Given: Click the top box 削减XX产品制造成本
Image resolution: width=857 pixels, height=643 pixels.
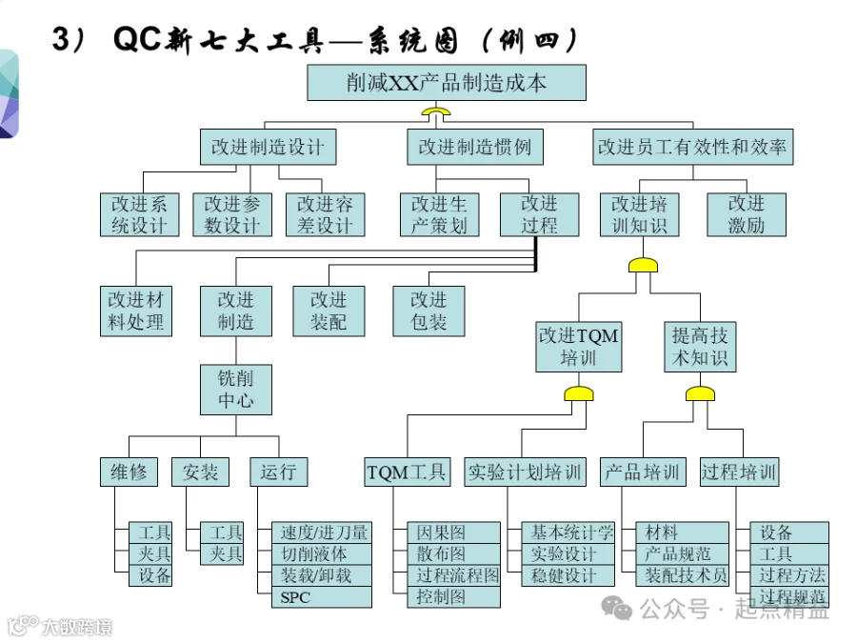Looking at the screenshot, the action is point(447,83).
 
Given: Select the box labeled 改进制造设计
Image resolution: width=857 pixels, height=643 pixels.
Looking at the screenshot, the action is point(268,147).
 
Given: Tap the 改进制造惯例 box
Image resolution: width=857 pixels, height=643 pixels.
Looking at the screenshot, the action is point(475,147).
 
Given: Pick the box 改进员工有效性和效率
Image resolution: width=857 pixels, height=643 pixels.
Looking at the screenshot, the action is point(692,147).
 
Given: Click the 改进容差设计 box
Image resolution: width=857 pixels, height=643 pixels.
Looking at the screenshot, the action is point(326,214).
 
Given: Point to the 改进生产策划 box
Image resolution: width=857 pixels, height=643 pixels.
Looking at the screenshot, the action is point(439,214).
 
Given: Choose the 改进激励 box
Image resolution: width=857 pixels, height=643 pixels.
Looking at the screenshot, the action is point(747,214).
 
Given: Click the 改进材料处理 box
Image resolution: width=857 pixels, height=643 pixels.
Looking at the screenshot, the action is point(136,311).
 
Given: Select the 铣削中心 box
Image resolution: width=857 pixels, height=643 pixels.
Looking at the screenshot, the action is point(236,390).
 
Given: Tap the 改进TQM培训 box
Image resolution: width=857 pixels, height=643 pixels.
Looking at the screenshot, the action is point(579,347).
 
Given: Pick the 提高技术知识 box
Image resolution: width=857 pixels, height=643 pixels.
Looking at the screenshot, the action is point(700,347).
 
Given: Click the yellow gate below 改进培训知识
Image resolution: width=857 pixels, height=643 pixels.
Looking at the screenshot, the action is point(643,265).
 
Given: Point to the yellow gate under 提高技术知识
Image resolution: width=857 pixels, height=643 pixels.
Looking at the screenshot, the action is point(700,393).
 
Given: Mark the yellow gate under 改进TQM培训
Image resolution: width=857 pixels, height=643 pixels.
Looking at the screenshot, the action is point(579,393).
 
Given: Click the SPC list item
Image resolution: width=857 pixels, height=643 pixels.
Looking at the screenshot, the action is point(322,597).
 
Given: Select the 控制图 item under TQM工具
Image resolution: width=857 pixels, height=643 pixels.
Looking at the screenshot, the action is point(453,597).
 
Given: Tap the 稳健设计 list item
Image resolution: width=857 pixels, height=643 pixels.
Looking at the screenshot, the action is point(568,575).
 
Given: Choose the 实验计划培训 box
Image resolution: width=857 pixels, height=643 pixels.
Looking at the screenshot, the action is point(525,472).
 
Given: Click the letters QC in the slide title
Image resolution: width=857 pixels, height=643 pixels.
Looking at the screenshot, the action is point(137,39).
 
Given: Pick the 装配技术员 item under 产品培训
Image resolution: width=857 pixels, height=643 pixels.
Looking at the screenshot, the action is point(682,575).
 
